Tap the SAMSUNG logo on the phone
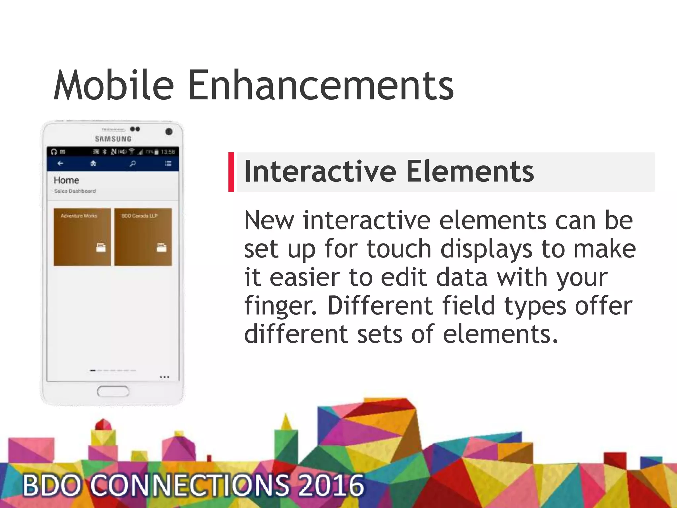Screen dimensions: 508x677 point(113,139)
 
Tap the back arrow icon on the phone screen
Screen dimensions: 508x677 point(60,163)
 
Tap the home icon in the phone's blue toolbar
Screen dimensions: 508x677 point(93,163)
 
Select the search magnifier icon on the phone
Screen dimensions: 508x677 point(133,163)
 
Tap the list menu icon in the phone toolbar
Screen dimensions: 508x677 point(168,163)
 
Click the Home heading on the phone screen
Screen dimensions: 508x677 point(66,180)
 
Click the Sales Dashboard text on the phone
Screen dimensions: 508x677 point(75,191)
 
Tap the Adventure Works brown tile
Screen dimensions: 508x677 point(82,237)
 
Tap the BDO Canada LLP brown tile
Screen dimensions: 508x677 point(143,237)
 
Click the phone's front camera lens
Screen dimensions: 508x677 point(169,132)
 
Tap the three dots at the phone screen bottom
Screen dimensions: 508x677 point(164,377)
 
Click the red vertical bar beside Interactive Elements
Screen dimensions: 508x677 point(231,172)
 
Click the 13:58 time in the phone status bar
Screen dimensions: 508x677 point(168,152)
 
